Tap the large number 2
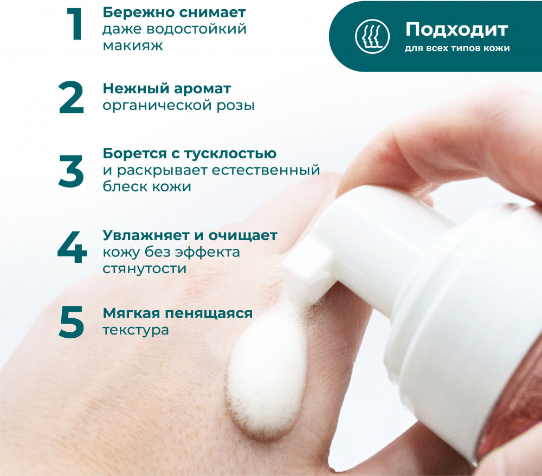(x=71, y=98)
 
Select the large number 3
(x=71, y=171)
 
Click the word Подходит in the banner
(x=456, y=30)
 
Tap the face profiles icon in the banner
(x=372, y=36)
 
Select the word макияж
(x=133, y=46)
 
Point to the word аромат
(x=202, y=89)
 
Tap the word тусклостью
(x=230, y=153)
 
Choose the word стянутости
(x=145, y=268)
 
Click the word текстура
(x=136, y=330)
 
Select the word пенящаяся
(x=209, y=313)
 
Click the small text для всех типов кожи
(x=457, y=48)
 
